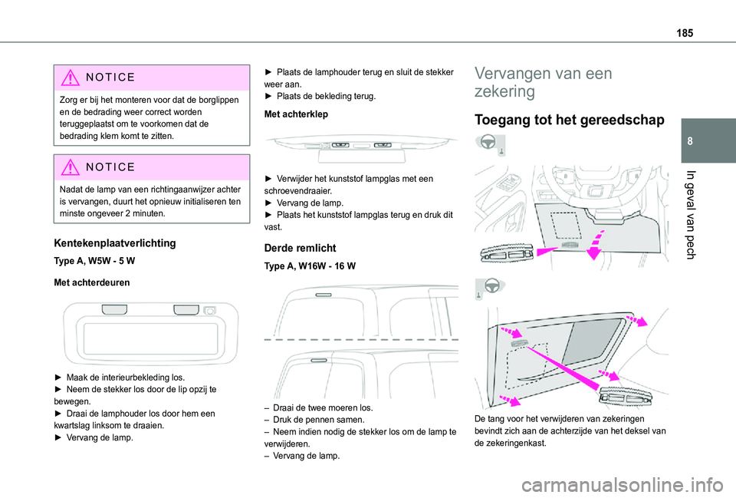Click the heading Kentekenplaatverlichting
click(x=116, y=243)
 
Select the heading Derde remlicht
click(x=301, y=248)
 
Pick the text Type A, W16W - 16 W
click(x=308, y=265)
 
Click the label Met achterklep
click(x=295, y=114)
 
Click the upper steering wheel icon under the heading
click(x=489, y=143)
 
